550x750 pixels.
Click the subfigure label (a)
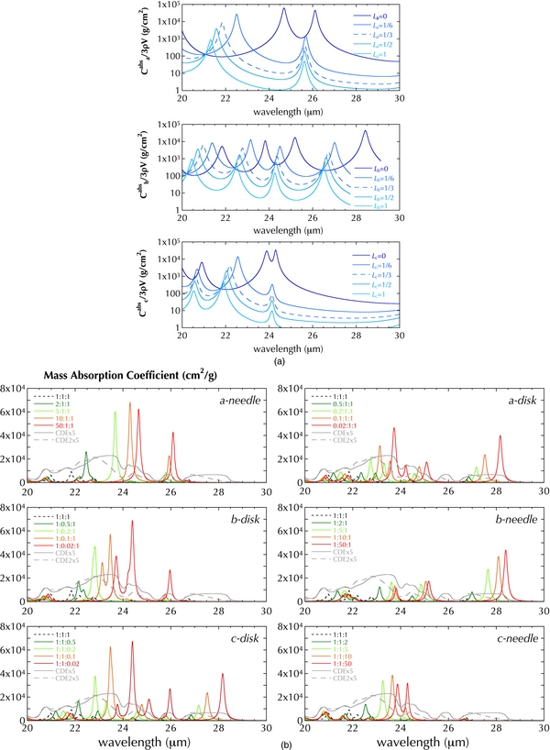click(x=275, y=361)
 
